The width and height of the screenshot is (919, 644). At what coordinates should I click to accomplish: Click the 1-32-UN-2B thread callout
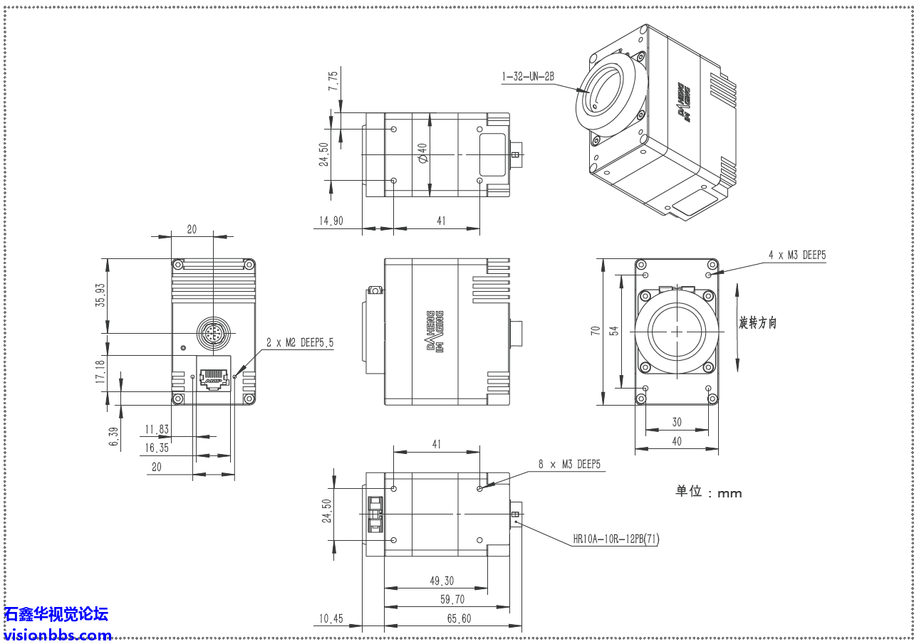[x=528, y=76]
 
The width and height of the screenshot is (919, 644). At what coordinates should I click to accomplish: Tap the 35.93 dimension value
[x=100, y=295]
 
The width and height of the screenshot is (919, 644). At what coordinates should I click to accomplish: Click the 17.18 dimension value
[x=100, y=372]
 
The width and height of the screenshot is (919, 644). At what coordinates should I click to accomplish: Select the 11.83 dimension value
[x=157, y=429]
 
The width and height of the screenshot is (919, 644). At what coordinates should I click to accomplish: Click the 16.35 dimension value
[x=157, y=448]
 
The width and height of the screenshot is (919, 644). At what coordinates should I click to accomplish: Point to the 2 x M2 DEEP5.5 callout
[x=300, y=342]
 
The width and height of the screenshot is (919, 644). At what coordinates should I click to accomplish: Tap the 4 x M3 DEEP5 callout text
[x=797, y=255]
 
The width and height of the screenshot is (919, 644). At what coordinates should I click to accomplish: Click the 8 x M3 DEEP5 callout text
[x=569, y=464]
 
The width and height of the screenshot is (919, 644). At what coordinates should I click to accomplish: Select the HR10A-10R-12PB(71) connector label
[x=616, y=539]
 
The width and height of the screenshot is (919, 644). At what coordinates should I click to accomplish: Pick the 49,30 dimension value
[x=442, y=581]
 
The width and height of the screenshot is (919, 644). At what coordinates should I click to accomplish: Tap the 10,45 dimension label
[x=331, y=618]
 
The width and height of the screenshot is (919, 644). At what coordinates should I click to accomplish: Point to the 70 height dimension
[x=594, y=330]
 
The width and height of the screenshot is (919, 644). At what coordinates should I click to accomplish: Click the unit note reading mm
[x=708, y=492]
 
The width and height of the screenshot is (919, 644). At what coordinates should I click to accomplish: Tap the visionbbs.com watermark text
[x=57, y=635]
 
